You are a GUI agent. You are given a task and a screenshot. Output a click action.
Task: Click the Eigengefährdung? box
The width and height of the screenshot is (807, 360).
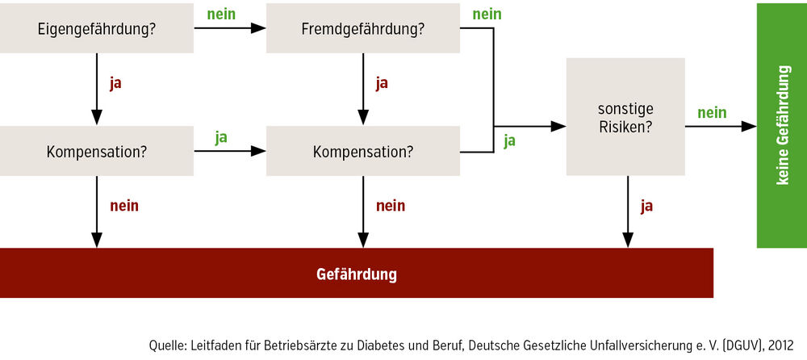[97, 28]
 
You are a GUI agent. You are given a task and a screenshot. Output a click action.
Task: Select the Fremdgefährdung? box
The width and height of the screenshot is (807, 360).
[363, 28]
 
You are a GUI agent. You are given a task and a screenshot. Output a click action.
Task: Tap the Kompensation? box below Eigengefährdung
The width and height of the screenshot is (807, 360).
[97, 152]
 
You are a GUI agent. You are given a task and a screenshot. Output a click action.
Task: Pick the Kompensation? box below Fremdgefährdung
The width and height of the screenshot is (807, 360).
[363, 152]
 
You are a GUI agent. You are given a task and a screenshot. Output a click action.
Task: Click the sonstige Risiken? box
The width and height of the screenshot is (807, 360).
[625, 117]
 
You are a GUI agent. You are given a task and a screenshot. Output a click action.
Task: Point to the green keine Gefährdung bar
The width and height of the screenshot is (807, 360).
[782, 125]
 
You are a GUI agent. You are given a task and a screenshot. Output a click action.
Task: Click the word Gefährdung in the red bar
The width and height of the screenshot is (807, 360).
[356, 274]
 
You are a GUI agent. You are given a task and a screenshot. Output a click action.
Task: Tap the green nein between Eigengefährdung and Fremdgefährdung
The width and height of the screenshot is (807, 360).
[221, 14]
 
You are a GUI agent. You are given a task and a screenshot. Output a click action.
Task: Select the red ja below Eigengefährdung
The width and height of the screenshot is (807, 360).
[115, 84]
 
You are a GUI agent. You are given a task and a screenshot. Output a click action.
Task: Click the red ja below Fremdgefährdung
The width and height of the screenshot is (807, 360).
[382, 84]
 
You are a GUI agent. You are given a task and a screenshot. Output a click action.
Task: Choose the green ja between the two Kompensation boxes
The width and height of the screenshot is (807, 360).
[221, 138]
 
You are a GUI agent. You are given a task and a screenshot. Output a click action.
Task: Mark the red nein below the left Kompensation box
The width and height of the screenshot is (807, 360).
[124, 206]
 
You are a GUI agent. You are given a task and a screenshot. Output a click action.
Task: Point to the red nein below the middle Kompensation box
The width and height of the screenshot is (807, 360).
[391, 206]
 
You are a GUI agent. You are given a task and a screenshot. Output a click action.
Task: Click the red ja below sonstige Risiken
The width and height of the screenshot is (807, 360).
[647, 207]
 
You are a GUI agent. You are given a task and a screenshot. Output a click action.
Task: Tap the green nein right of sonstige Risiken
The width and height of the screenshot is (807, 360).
[712, 112]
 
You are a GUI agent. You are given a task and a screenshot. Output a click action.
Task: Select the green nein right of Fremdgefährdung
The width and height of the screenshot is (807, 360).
[487, 14]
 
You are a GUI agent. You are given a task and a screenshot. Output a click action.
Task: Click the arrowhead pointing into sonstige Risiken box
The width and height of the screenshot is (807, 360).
[558, 126]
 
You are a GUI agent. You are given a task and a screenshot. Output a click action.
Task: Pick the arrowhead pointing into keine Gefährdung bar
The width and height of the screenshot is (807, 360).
[749, 126]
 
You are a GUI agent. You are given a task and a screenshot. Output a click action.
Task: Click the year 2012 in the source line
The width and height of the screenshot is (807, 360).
[780, 345]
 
